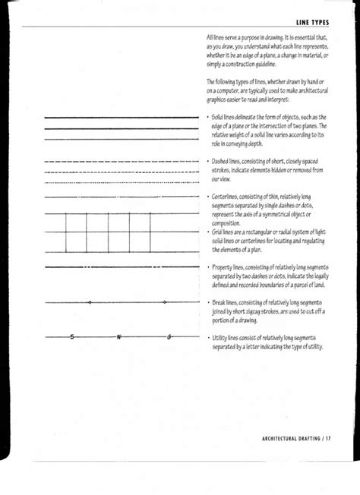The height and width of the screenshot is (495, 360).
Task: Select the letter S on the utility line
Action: pos(72,336)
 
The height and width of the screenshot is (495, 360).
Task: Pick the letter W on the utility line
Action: pos(119,336)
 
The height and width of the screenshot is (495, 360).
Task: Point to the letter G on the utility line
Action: pos(169,336)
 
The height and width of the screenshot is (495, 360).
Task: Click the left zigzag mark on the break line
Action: pos(90,302)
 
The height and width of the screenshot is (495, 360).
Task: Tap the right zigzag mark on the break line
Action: pos(164,302)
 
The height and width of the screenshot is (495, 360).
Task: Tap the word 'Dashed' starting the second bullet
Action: pos(220,161)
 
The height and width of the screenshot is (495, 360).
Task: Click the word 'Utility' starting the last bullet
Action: pos(219,336)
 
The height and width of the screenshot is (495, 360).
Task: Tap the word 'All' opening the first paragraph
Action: pos(210,36)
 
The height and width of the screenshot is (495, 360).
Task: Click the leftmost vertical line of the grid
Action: pos(67,232)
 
